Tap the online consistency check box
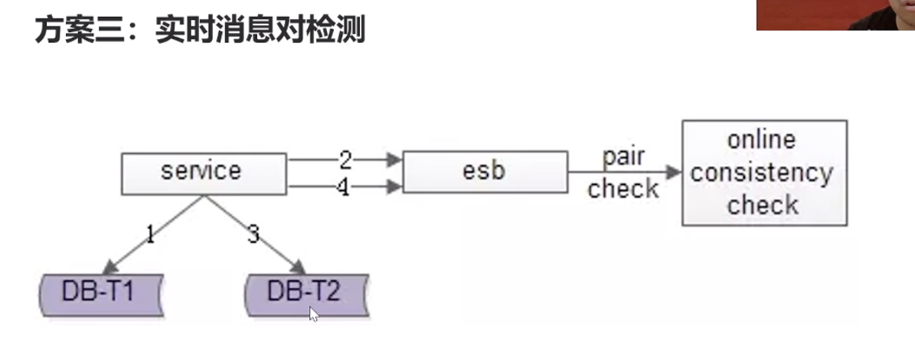pyautogui.click(x=763, y=172)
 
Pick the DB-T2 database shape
pyautogui.click(x=306, y=293)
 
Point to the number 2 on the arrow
pyautogui.click(x=345, y=159)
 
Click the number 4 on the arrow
pyautogui.click(x=344, y=187)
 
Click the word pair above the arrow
pyautogui.click(x=623, y=157)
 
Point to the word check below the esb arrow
pyautogui.click(x=623, y=188)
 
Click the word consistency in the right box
pyautogui.click(x=761, y=173)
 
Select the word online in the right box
pyautogui.click(x=761, y=140)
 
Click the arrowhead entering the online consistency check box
pyautogui.click(x=674, y=172)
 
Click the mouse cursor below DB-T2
pyautogui.click(x=313, y=314)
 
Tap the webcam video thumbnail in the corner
pyautogui.click(x=835, y=15)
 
